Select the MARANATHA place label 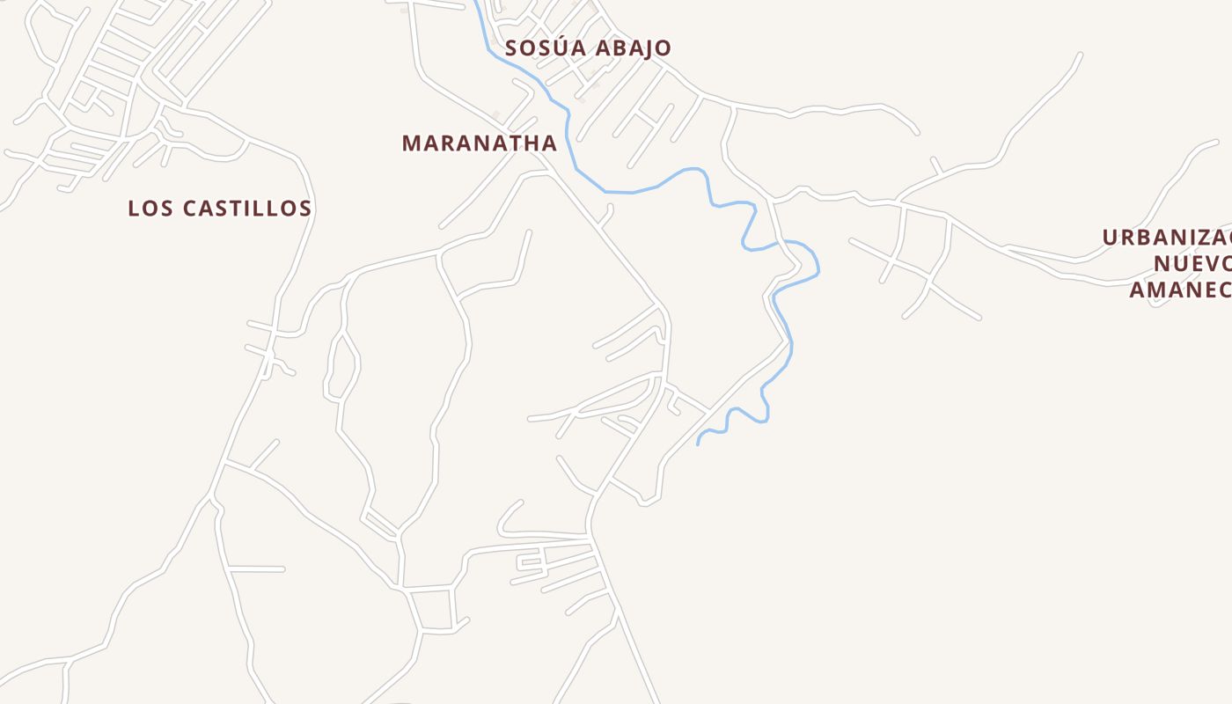(480, 143)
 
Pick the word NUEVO (1192, 263)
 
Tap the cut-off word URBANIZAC (1166, 238)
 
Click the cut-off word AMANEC (1179, 290)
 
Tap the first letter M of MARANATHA (410, 143)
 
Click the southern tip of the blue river (698, 444)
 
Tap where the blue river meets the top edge (475, 2)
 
